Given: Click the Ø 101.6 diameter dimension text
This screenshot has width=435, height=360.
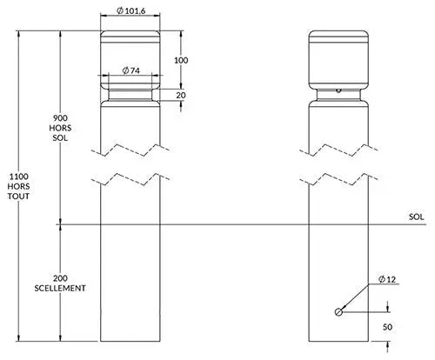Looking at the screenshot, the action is pyautogui.click(x=130, y=10).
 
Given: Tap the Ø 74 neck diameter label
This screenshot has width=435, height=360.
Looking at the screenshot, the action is pyautogui.click(x=130, y=70).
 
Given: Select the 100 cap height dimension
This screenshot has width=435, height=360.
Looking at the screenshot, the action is pyautogui.click(x=181, y=60).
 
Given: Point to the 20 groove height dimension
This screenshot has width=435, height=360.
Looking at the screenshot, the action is pyautogui.click(x=181, y=95).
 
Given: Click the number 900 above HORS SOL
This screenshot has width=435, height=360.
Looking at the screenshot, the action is pyautogui.click(x=60, y=118).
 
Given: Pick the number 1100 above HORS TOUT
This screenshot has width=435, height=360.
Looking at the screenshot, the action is pyautogui.click(x=19, y=177).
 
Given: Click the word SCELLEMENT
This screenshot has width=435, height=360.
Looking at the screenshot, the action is pyautogui.click(x=60, y=288).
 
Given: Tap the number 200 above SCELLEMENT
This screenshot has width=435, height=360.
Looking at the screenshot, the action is pyautogui.click(x=60, y=278).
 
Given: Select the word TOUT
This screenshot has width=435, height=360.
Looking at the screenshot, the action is pyautogui.click(x=18, y=197).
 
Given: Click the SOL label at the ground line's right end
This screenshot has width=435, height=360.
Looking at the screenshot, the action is pyautogui.click(x=416, y=217).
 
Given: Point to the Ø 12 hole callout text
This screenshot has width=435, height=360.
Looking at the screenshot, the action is pyautogui.click(x=387, y=279).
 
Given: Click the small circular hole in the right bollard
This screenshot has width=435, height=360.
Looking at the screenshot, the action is pyautogui.click(x=338, y=312).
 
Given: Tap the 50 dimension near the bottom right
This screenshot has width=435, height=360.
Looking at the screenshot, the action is pyautogui.click(x=387, y=327).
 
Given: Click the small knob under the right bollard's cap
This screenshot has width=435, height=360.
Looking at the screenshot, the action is pyautogui.click(x=338, y=91).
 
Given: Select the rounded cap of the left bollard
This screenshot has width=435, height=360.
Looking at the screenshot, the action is pyautogui.click(x=130, y=60).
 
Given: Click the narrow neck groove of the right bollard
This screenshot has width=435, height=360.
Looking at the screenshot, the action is pyautogui.click(x=338, y=95).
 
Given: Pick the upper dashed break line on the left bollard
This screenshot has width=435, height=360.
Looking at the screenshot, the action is pyautogui.click(x=130, y=150).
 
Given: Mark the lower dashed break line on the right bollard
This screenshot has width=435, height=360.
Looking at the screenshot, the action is pyautogui.click(x=338, y=179).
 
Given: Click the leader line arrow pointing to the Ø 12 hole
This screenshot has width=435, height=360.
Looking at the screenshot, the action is pyautogui.click(x=355, y=297).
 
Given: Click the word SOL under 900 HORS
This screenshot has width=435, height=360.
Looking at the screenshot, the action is pyautogui.click(x=60, y=137).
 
